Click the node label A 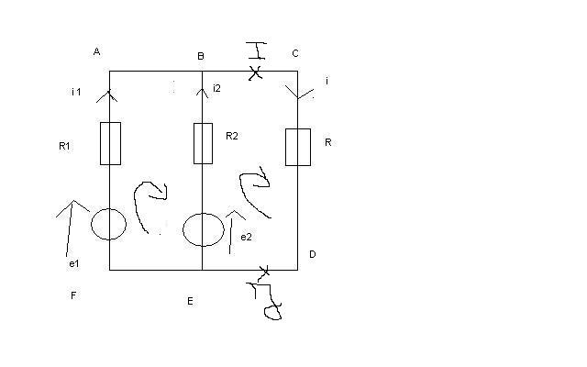(x=96, y=52)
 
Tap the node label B (x=200, y=57)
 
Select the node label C (x=295, y=53)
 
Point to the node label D (x=312, y=254)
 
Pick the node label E (x=190, y=301)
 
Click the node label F (x=72, y=296)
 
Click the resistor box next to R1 (x=110, y=144)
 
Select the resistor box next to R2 (x=204, y=143)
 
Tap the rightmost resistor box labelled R (x=297, y=147)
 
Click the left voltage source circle (x=109, y=222)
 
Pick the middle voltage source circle (x=202, y=229)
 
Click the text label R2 (x=232, y=136)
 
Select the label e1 (x=74, y=264)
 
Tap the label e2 (x=246, y=238)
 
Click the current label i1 (x=76, y=93)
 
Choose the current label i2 (x=216, y=88)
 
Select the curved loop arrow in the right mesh (x=254, y=193)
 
